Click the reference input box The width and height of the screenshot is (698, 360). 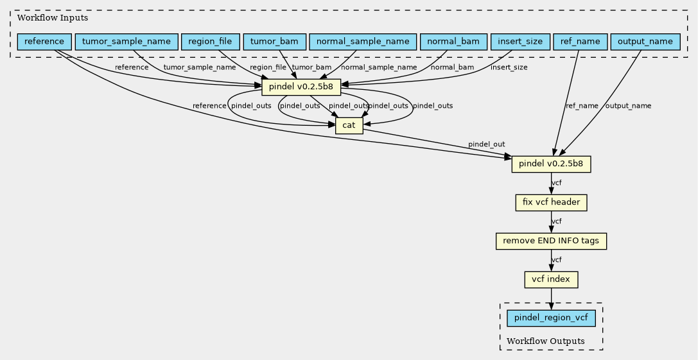pyautogui.click(x=44, y=42)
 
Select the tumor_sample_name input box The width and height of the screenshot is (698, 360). pyautogui.click(x=127, y=42)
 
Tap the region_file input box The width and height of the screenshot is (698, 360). pyautogui.click(x=210, y=42)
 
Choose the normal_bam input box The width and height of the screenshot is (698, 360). pyautogui.click(x=453, y=42)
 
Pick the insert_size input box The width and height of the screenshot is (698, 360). pyautogui.click(x=520, y=42)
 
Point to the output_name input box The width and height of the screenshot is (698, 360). pyautogui.click(x=645, y=42)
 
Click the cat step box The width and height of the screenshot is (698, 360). pyautogui.click(x=349, y=126)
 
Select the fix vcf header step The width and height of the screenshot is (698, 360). pyautogui.click(x=551, y=203)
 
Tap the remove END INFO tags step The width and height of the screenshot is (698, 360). pyautogui.click(x=551, y=241)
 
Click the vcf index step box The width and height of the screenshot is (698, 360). pyautogui.click(x=551, y=280)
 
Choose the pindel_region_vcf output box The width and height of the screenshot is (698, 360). pyautogui.click(x=551, y=318)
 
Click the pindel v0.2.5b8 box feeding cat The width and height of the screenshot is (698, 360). pyautogui.click(x=301, y=87)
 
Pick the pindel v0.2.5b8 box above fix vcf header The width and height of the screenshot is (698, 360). pyautogui.click(x=551, y=164)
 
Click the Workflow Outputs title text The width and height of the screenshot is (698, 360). pyautogui.click(x=546, y=341)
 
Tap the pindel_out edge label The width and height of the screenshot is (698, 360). pyautogui.click(x=487, y=144)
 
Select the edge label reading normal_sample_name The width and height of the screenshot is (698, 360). pyautogui.click(x=379, y=67)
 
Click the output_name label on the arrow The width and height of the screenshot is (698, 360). pyautogui.click(x=628, y=106)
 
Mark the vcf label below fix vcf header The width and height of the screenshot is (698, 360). pyautogui.click(x=557, y=221)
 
